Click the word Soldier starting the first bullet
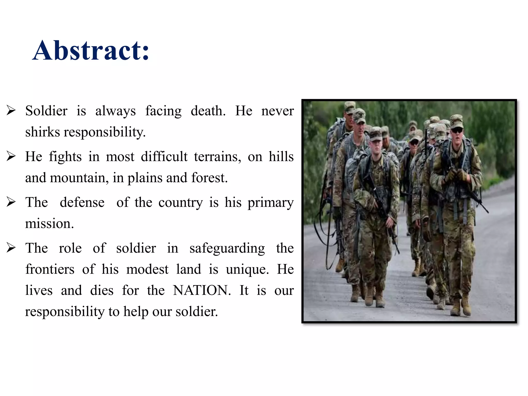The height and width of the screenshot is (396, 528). [x=46, y=111]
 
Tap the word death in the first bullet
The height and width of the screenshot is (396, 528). [x=208, y=111]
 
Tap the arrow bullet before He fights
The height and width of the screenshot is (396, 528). [x=11, y=156]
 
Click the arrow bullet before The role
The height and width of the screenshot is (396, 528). [x=11, y=248]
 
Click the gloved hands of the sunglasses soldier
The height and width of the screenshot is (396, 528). [x=456, y=175]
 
